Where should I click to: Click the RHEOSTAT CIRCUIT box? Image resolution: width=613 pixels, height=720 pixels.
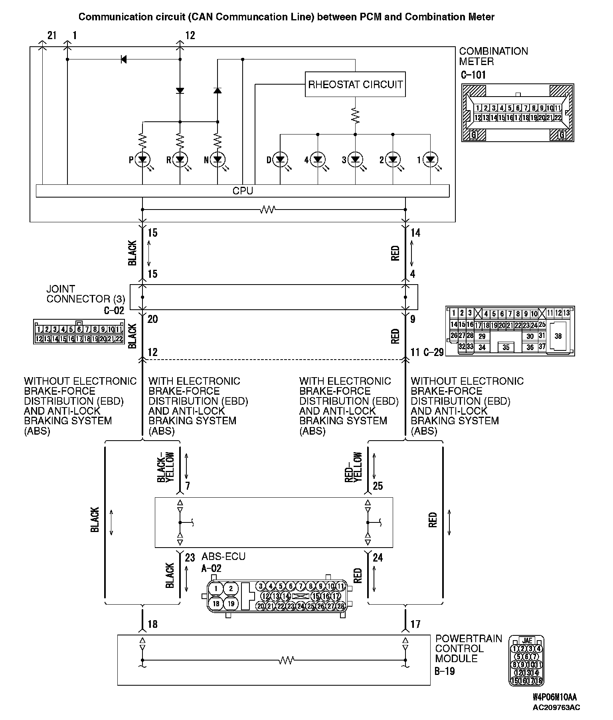point(355,84)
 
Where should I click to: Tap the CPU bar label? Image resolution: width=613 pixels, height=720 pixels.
point(243,191)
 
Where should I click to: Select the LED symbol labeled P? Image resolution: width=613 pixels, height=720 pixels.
point(142,160)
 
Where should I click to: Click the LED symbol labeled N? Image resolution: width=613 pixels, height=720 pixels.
point(218,160)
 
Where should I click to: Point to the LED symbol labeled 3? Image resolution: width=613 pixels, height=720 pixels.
point(355,160)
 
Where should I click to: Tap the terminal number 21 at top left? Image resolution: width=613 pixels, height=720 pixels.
point(52,36)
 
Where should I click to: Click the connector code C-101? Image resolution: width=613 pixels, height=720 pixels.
point(473,75)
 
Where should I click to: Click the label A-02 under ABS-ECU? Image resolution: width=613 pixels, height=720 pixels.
point(212,568)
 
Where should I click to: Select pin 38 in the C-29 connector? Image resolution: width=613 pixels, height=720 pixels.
point(558,336)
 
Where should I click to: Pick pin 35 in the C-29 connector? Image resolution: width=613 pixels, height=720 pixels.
point(506,347)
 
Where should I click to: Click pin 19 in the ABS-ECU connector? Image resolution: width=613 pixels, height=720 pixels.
point(231,603)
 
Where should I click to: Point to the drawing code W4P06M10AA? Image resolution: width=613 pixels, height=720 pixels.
point(554,697)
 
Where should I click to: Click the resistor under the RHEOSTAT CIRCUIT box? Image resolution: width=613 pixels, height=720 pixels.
point(355,115)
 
